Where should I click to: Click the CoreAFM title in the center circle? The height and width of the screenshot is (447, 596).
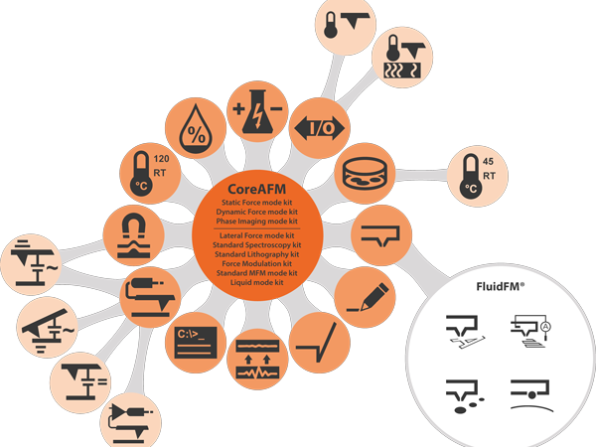click(256, 189)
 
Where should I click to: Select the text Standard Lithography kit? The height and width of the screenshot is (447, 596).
click(256, 254)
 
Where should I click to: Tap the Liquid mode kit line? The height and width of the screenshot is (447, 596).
click(256, 282)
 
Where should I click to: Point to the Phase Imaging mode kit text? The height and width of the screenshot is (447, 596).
click(256, 222)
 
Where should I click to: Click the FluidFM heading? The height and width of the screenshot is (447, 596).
click(500, 286)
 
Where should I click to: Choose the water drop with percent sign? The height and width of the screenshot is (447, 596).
click(196, 128)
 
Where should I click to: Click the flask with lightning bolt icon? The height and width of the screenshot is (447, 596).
click(257, 111)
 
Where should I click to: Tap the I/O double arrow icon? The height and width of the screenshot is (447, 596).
click(319, 128)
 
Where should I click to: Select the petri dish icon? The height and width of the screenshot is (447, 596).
click(365, 173)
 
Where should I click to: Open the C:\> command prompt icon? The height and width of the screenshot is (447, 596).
click(196, 343)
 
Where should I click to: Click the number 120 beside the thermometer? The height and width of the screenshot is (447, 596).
click(161, 159)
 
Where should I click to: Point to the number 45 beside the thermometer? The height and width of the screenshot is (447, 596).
click(488, 162)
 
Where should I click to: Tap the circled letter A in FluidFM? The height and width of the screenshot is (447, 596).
click(545, 326)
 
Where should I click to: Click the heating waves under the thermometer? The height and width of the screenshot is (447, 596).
click(402, 71)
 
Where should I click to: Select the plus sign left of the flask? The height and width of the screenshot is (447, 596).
click(238, 109)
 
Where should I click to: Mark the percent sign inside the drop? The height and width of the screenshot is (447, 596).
click(197, 134)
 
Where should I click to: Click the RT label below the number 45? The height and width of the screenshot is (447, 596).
click(489, 176)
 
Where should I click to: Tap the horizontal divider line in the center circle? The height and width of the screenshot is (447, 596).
click(256, 228)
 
